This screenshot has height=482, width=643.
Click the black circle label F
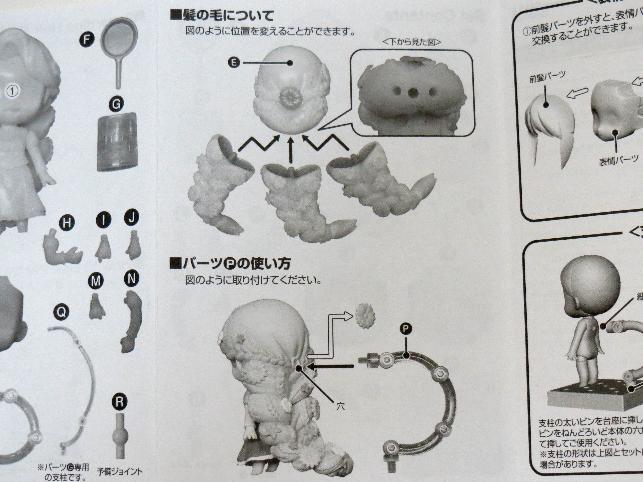[85, 40]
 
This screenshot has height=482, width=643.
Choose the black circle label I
[103, 220]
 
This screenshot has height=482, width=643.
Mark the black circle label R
[119, 402]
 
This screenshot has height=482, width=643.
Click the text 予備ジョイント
[120, 471]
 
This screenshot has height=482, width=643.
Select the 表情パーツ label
[618, 160]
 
